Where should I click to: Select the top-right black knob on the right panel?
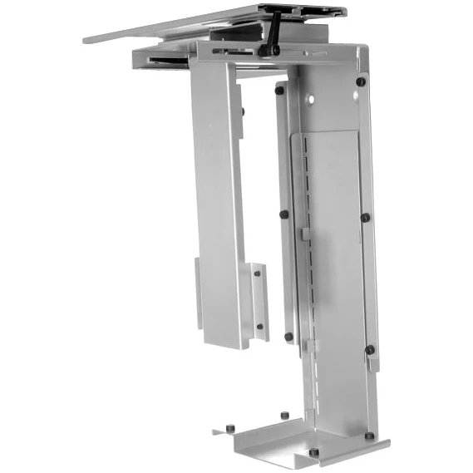click(362, 82)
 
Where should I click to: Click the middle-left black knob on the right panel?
click(284, 214)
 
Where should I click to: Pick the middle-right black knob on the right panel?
click(365, 217)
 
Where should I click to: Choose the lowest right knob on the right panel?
click(370, 349)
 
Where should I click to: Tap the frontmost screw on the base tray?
click(313, 452)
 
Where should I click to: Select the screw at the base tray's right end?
click(369, 434)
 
